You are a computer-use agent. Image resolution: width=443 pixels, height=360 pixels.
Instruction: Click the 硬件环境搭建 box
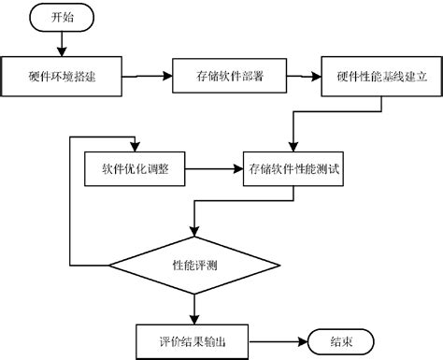click(x=64, y=76)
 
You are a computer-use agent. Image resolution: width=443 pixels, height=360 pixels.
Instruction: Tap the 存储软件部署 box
click(x=229, y=76)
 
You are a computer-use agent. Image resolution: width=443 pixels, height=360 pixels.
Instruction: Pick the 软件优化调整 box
click(x=136, y=169)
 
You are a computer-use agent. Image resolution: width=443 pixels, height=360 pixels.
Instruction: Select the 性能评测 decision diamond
click(x=194, y=266)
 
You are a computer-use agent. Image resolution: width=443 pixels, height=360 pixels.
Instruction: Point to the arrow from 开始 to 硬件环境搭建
click(x=63, y=42)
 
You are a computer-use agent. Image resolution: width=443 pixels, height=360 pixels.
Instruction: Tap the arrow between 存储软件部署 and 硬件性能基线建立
click(x=303, y=76)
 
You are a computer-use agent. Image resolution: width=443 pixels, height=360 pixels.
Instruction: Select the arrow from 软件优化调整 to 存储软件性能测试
click(x=215, y=169)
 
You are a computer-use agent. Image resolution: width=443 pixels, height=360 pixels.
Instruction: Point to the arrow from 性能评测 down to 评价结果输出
click(x=194, y=307)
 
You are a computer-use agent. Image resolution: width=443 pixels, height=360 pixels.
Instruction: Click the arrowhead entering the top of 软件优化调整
click(x=136, y=147)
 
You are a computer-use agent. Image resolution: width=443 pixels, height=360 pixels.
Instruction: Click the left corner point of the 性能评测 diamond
click(x=108, y=266)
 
